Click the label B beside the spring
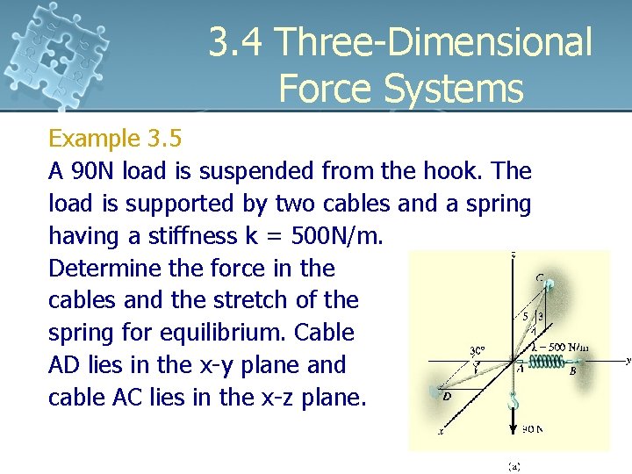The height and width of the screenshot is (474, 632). point(573,371)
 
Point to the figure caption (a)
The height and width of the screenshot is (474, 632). point(512,466)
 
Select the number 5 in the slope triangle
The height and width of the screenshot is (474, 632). point(525,315)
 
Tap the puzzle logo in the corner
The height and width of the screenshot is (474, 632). point(56,53)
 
